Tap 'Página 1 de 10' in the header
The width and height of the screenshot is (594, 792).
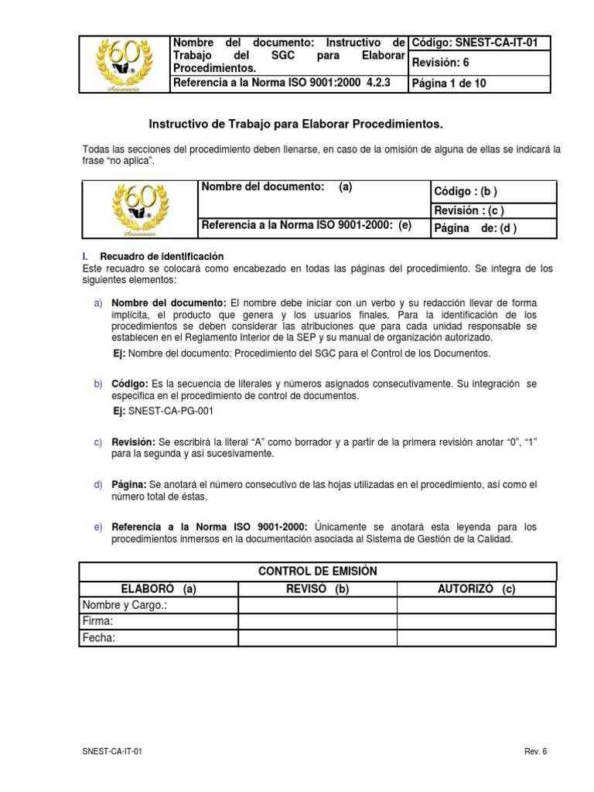(x=449, y=84)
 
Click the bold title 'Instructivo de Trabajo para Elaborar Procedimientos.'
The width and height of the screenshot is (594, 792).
(x=295, y=124)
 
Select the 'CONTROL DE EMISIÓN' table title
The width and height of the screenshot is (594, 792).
(x=317, y=571)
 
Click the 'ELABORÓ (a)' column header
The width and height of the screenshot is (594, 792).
(x=159, y=589)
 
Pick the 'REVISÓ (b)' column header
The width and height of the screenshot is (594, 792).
(x=317, y=589)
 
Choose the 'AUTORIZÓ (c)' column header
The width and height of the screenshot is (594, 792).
(x=476, y=589)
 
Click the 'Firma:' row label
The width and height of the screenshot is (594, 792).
(x=97, y=621)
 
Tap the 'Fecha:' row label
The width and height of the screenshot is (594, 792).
(x=99, y=638)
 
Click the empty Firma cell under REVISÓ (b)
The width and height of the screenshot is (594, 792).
(x=317, y=621)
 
